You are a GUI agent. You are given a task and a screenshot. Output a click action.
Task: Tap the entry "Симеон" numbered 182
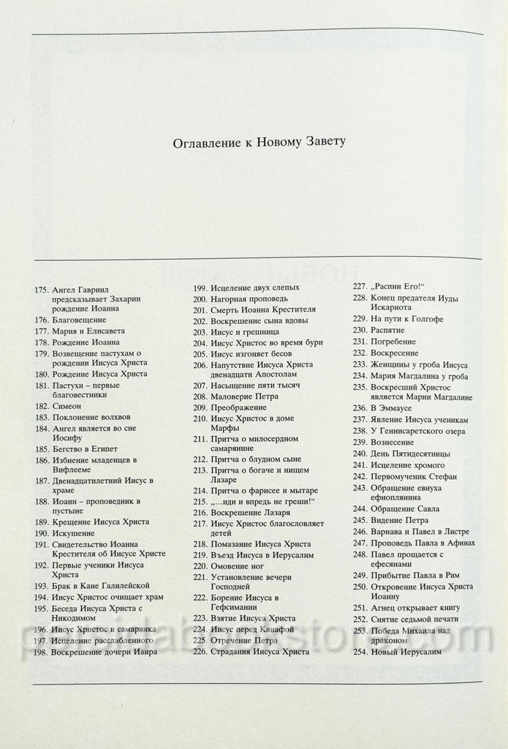pyautogui.click(x=67, y=405)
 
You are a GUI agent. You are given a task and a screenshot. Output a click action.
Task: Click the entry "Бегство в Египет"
pyautogui.click(x=85, y=448)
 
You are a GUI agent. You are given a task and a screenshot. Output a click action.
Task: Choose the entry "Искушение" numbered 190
pyautogui.click(x=74, y=533)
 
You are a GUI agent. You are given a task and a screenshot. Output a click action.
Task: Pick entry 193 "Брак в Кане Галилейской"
pyautogui.click(x=101, y=586)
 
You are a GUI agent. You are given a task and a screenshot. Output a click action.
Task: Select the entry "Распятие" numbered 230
pyautogui.click(x=387, y=331)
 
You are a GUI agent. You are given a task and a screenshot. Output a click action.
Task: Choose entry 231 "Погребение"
pyautogui.click(x=393, y=342)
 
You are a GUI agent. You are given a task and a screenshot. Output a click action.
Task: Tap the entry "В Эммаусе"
pyautogui.click(x=391, y=408)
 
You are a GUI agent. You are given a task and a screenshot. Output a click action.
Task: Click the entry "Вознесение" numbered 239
pyautogui.click(x=393, y=442)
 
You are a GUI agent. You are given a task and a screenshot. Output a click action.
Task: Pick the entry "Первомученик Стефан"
pyautogui.click(x=414, y=475)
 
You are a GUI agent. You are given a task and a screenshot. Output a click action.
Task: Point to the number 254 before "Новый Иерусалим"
pyautogui.click(x=359, y=652)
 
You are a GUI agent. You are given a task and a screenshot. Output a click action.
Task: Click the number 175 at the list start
pyautogui.click(x=42, y=290)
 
